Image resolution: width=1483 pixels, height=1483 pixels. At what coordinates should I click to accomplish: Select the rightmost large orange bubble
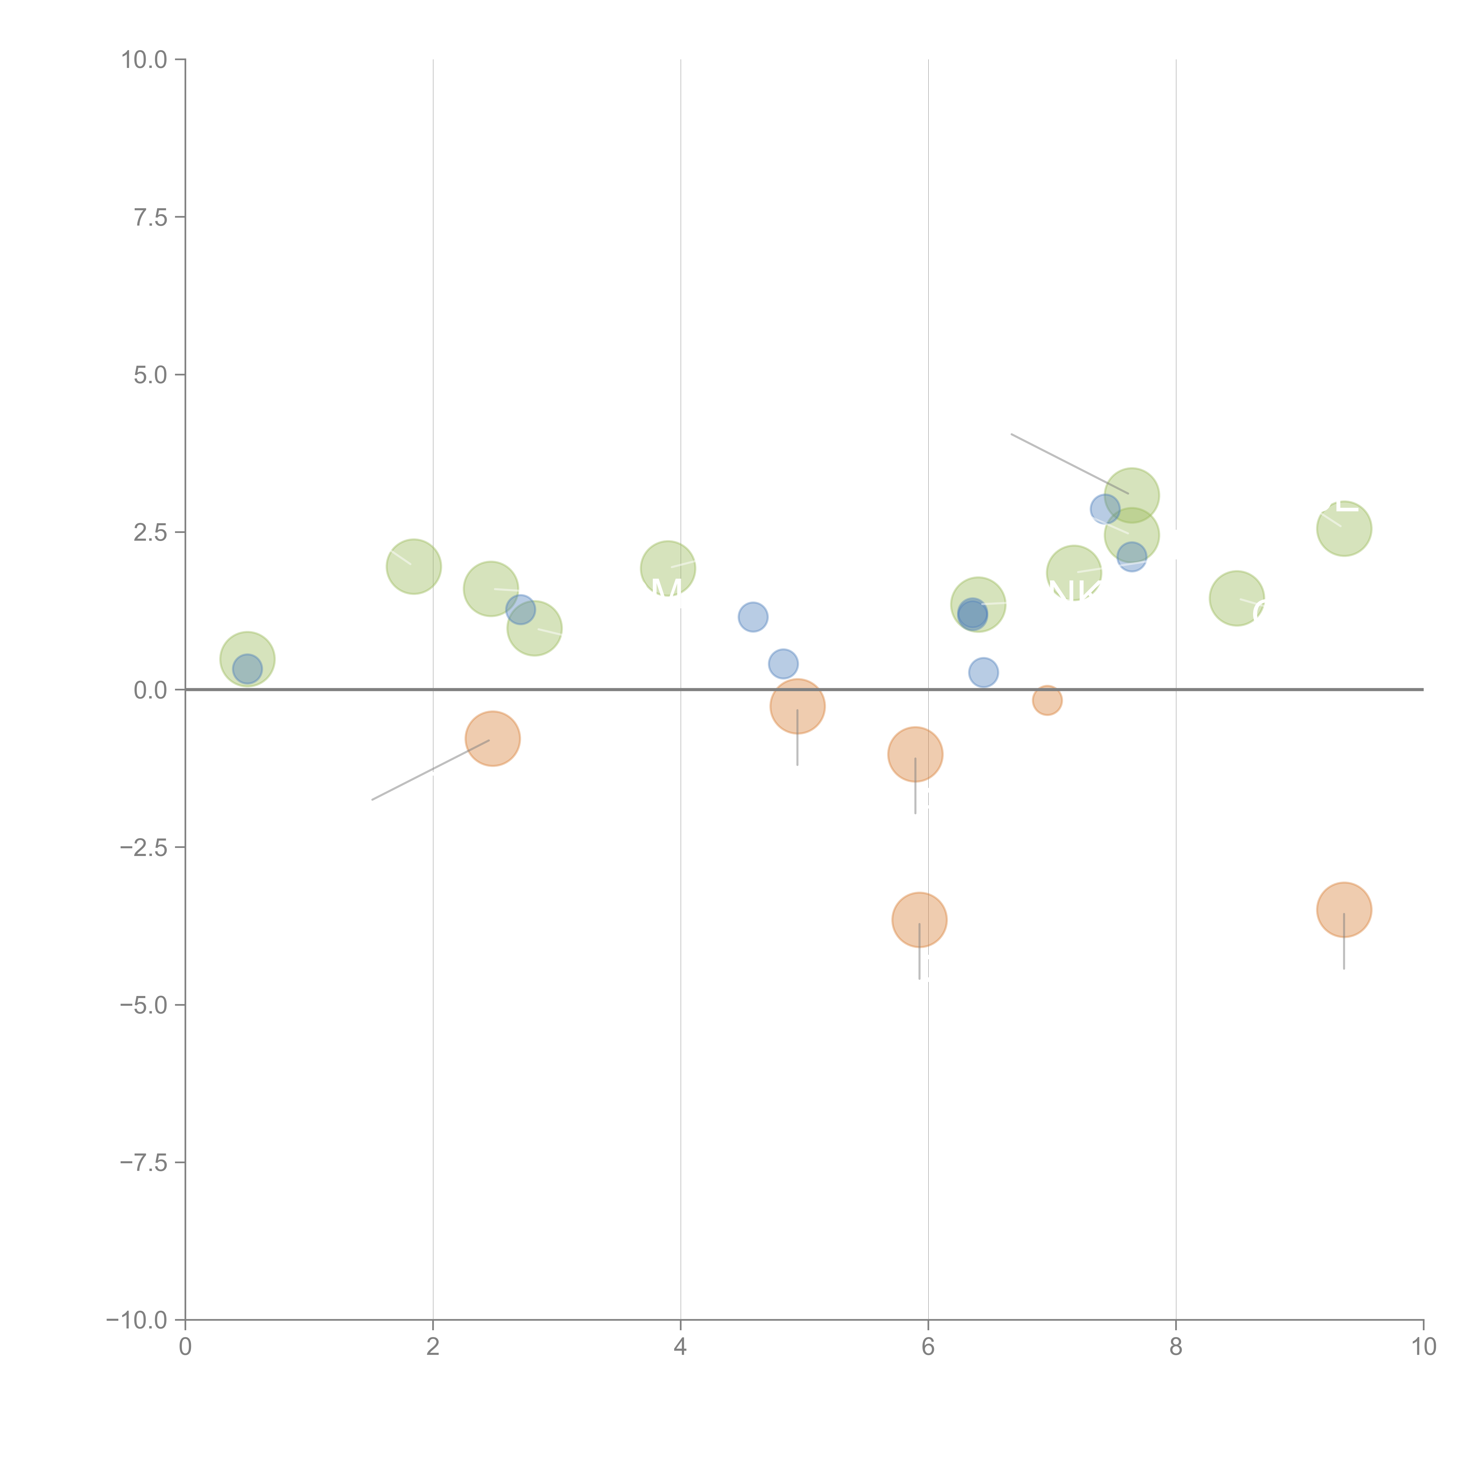pos(1343,910)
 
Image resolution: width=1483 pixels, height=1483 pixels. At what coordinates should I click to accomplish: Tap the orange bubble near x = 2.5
pos(493,739)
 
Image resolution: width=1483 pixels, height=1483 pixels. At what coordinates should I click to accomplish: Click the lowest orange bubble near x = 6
pos(919,919)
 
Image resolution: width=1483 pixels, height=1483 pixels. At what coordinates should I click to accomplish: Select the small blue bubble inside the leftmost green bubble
pos(247,669)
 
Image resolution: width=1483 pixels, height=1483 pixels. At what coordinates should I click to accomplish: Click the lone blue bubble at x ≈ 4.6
pos(753,616)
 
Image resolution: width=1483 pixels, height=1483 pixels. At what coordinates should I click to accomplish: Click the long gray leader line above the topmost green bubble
pos(1069,463)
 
